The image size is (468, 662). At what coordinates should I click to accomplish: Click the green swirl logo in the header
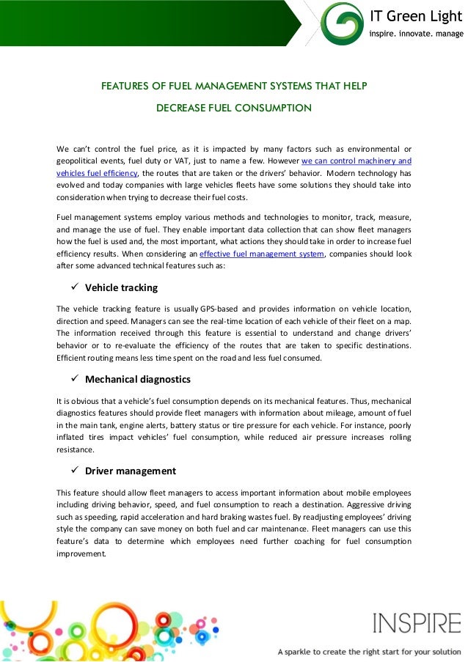click(343, 23)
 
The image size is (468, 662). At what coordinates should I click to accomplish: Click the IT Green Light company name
click(416, 16)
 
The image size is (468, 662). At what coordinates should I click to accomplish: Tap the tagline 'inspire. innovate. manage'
click(416, 34)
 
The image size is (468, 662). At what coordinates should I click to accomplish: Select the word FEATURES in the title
click(125, 87)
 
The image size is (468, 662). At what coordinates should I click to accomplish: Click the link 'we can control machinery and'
click(356, 160)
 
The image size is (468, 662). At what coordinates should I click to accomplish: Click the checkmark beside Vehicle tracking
click(73, 287)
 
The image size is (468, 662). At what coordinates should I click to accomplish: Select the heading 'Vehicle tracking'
click(121, 287)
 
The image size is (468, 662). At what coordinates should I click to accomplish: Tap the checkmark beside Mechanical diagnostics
click(73, 379)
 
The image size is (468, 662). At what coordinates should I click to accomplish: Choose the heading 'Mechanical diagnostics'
click(138, 380)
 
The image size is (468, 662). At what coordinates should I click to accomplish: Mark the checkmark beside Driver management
click(73, 471)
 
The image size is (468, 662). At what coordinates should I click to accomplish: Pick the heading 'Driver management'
click(131, 471)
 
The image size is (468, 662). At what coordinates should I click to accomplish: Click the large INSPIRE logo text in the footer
click(417, 624)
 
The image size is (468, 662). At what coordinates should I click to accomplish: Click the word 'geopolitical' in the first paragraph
click(78, 160)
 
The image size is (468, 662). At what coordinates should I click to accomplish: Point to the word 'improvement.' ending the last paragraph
click(81, 553)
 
